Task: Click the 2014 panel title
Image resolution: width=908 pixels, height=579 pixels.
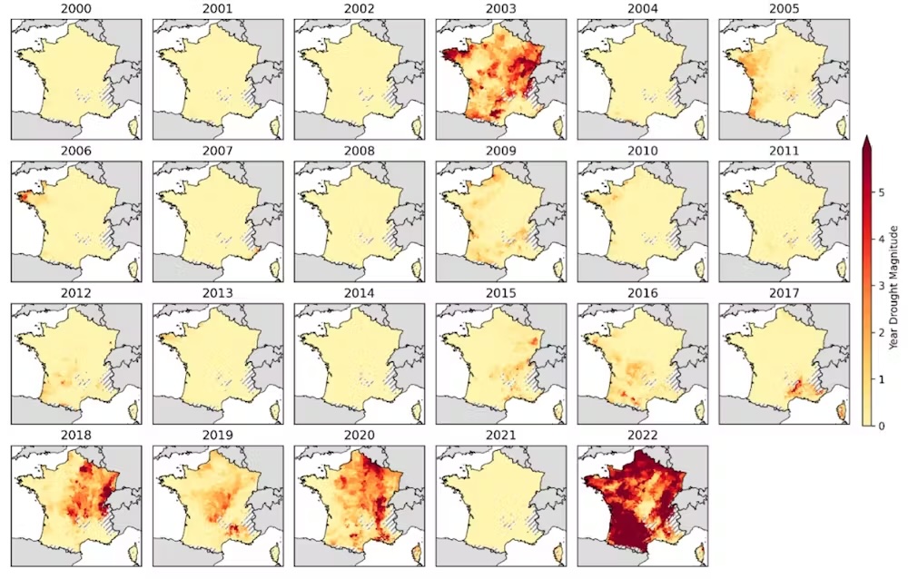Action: [360, 294]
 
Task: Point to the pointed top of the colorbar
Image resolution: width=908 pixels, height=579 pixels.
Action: [867, 138]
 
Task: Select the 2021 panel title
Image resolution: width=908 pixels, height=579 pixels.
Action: [501, 436]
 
